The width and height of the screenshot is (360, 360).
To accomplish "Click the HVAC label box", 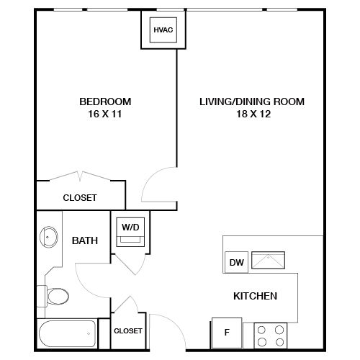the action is [163, 30].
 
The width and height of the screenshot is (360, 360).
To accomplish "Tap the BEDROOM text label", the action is [105, 102].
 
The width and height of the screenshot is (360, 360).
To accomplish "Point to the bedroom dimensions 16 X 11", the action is [105, 114].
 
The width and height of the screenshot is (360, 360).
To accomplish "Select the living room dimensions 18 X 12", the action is [253, 114].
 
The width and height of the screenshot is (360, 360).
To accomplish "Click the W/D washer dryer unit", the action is [130, 232].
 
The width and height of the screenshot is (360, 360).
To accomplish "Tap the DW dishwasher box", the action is [236, 262].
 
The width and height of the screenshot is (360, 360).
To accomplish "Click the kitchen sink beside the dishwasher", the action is [268, 260].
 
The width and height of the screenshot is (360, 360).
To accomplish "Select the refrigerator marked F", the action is [227, 333].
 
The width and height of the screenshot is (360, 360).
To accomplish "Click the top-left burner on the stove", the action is [261, 330].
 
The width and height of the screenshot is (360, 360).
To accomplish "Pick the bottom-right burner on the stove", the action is [279, 342].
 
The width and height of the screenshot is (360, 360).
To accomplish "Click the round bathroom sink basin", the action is [49, 237].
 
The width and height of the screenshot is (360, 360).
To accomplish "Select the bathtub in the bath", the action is [68, 333].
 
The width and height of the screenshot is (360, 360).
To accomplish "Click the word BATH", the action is [85, 240].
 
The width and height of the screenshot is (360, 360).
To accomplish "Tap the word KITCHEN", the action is [255, 296].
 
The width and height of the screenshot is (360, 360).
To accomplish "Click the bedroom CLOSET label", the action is [80, 198].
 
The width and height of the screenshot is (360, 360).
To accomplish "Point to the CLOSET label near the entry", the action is [128, 331].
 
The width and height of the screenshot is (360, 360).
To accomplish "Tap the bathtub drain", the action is [89, 333].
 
